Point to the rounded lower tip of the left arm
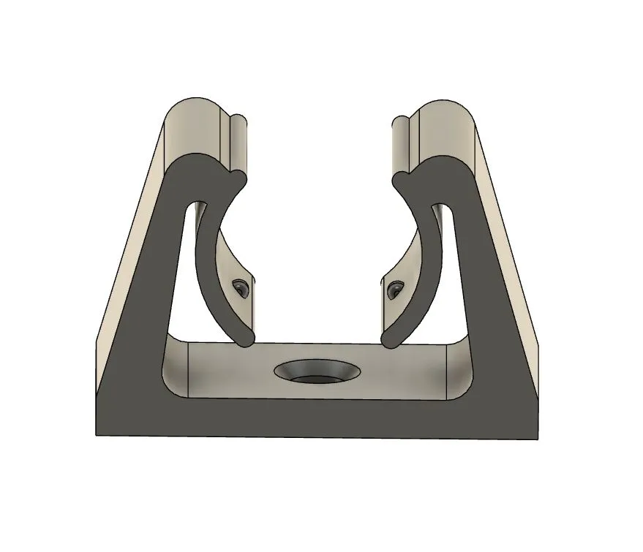pyautogui.click(x=244, y=337)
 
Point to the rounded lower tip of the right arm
pyautogui.click(x=391, y=336)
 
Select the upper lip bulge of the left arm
pyautogui.click(x=236, y=178)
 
